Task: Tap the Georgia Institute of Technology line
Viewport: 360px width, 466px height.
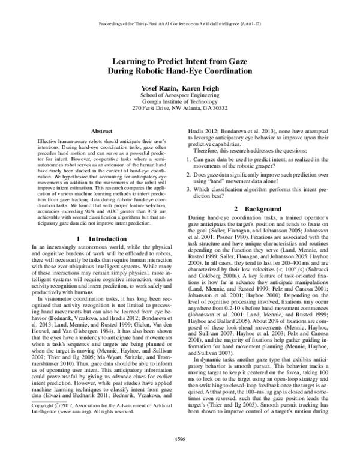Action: (x=180, y=101)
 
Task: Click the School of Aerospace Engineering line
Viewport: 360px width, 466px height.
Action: (x=180, y=94)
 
